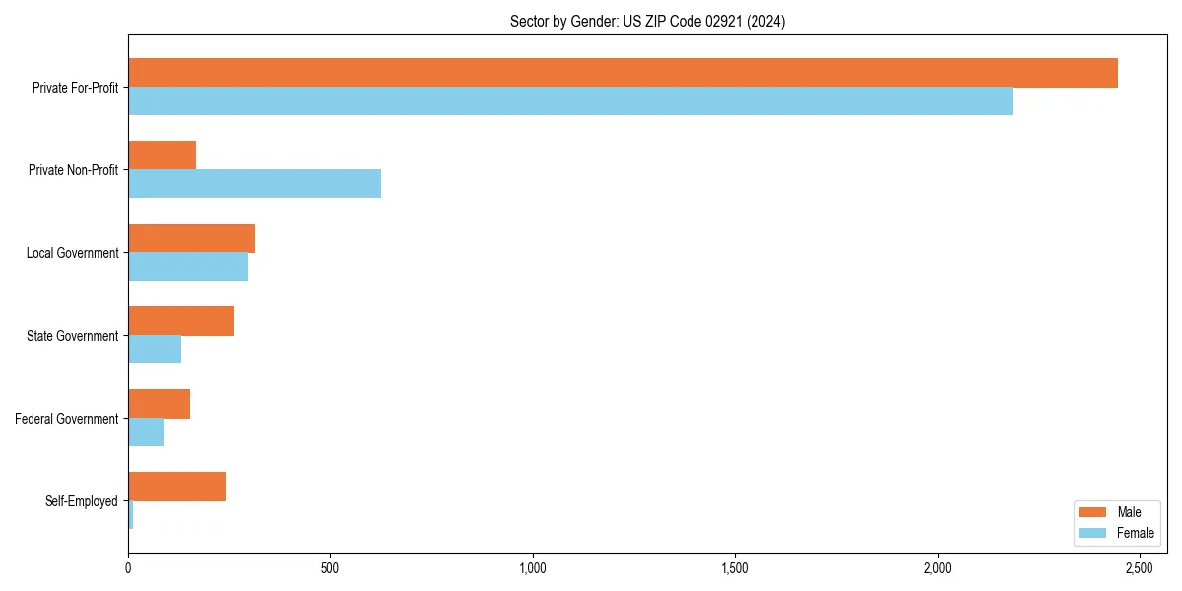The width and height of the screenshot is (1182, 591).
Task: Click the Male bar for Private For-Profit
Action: point(623,73)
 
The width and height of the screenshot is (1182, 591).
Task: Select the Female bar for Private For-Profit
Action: point(570,101)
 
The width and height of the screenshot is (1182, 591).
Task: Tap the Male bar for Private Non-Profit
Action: point(162,156)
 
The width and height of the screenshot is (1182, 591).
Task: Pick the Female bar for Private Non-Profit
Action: point(254,184)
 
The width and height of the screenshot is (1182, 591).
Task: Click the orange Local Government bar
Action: point(191,238)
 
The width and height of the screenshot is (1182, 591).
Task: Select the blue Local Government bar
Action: point(188,267)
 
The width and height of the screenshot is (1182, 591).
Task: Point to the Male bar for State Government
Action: point(181,321)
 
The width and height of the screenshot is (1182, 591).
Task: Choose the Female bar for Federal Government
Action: point(146,432)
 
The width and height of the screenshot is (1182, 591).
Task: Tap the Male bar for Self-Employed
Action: point(176,487)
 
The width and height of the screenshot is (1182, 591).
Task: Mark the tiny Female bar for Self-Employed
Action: point(130,515)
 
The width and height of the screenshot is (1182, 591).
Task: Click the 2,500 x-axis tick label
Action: point(1140,568)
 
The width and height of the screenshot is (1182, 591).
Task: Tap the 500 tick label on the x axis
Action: point(330,568)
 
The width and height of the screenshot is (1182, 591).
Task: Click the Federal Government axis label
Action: point(67,419)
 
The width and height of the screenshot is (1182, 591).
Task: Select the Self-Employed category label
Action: point(82,501)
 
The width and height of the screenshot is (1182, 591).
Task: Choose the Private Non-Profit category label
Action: point(73,170)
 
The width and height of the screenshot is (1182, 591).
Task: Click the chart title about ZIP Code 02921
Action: point(647,21)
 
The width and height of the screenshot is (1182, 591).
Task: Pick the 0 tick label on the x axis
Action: point(128,568)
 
